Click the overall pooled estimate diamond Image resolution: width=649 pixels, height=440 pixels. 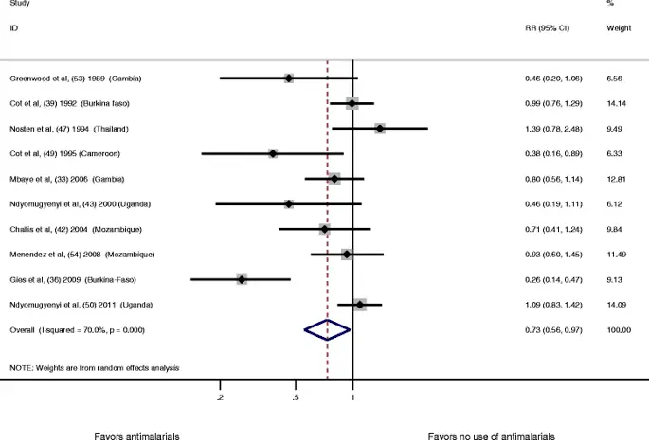(327, 328)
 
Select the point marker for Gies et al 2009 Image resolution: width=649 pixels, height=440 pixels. (242, 279)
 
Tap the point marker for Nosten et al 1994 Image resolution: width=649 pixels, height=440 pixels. (380, 128)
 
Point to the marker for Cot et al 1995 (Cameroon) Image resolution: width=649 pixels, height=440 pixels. (273, 153)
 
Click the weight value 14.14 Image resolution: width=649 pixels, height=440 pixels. (616, 103)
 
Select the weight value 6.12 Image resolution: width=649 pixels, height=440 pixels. (616, 203)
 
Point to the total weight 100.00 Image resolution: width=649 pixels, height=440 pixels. (618, 329)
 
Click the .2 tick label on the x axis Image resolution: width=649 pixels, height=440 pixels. (221, 397)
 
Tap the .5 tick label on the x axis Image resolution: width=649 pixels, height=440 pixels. (297, 397)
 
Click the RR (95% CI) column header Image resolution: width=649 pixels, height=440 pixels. (547, 29)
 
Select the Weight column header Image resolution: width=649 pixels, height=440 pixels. (619, 29)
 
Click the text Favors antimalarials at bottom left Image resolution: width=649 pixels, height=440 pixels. (136, 435)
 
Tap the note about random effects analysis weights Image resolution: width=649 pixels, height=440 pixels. (94, 366)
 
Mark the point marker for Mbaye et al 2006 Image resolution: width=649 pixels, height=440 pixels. (334, 178)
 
